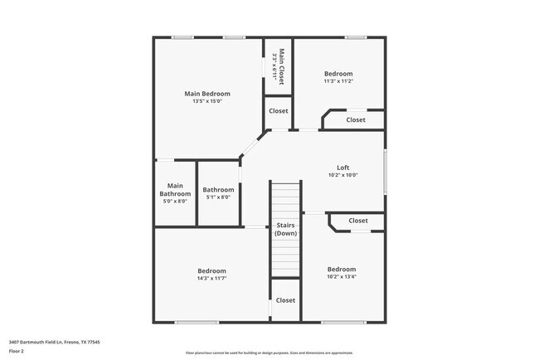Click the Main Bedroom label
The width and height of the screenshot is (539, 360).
pos(206,94)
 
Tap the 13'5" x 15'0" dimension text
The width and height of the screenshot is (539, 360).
pos(206,102)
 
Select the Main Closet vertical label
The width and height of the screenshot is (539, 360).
pos(282,66)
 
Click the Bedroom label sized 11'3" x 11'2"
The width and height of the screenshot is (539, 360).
pos(338,74)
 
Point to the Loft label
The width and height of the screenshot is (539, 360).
pos(342,167)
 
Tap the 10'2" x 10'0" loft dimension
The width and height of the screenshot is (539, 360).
pos(342,175)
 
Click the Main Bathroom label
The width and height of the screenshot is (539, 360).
pos(175,189)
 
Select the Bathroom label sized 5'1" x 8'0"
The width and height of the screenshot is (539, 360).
pos(219,189)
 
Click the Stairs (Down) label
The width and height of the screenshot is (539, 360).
pos(285,229)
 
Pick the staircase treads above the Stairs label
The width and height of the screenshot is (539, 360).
pos(285,199)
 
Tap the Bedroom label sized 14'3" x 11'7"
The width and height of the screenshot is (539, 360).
pos(212,270)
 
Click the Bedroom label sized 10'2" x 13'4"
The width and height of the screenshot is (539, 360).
pos(342,269)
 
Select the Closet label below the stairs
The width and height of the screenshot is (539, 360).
pos(285,300)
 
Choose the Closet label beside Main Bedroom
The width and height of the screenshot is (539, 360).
pos(279,110)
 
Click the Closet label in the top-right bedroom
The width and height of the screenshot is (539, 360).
pos(356,120)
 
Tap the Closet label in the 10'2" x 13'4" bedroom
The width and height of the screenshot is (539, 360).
pos(358,221)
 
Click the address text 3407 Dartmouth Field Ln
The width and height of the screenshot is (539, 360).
pos(41,341)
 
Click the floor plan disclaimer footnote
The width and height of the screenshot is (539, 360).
pos(269,353)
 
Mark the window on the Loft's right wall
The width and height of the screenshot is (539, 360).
pos(385,172)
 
